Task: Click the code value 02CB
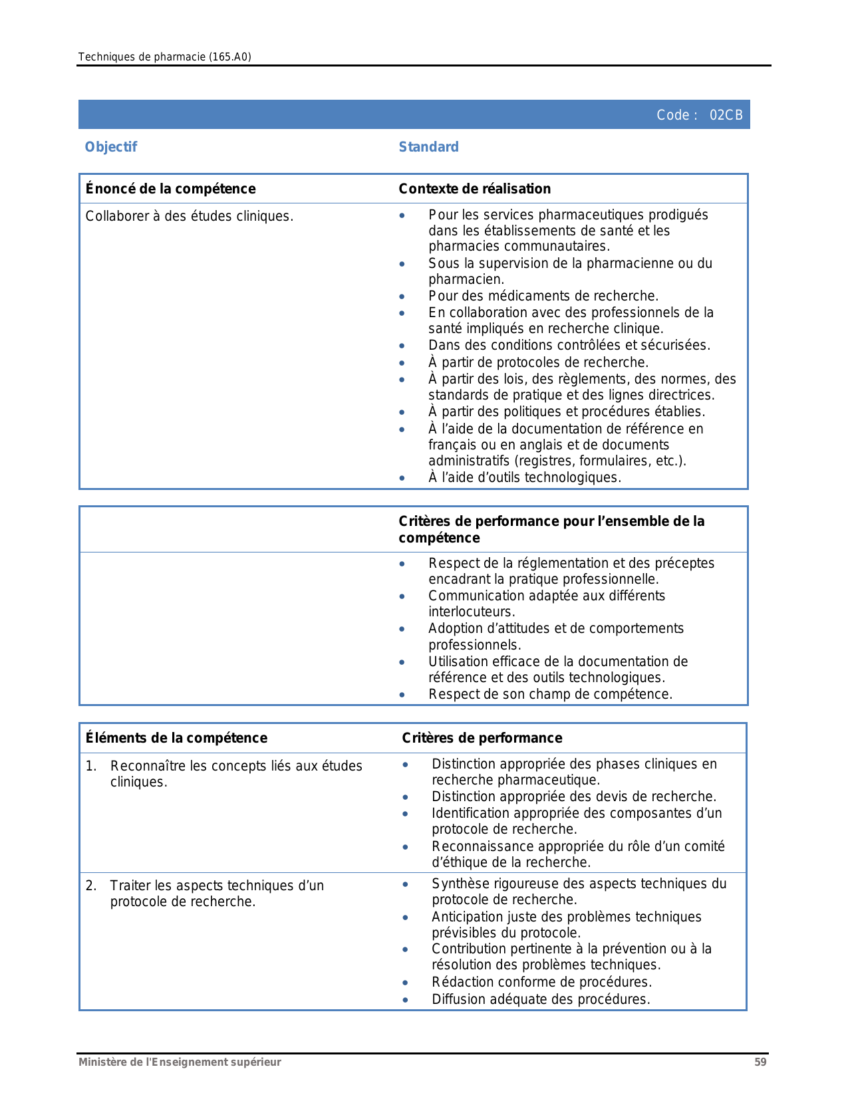(726, 115)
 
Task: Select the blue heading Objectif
(110, 147)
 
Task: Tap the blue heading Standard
(428, 147)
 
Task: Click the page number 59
(760, 1062)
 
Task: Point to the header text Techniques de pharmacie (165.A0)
(164, 57)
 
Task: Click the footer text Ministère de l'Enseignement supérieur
(180, 1062)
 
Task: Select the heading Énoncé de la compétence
(170, 189)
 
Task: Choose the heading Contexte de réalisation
(474, 189)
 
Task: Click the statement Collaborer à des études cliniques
(189, 216)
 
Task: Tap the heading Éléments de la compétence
(176, 738)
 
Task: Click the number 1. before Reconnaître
(91, 766)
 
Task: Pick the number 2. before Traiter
(91, 886)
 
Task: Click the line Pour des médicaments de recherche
(543, 296)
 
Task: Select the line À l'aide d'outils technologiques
(524, 477)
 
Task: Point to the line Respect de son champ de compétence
(550, 694)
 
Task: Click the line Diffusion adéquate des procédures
(540, 999)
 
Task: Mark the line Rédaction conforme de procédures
(541, 982)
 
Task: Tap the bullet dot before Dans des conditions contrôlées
(402, 346)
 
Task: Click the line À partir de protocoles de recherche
(538, 362)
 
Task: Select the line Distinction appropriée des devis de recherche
(573, 796)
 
